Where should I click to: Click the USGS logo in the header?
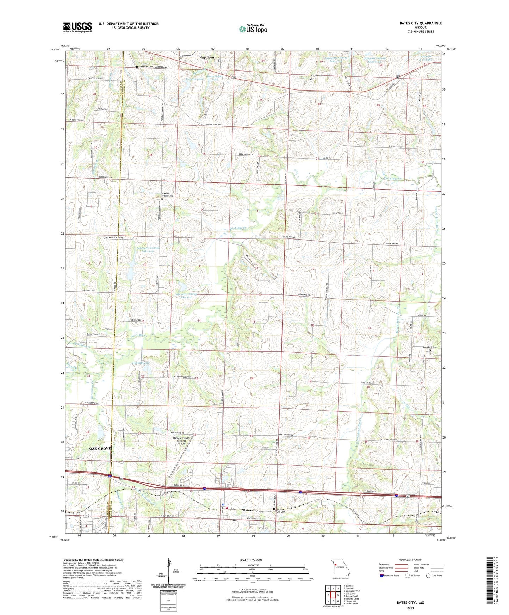pos(77,27)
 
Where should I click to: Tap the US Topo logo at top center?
pos(253,29)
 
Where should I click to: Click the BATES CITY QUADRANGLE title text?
pos(421,23)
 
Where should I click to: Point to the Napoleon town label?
pos(207,58)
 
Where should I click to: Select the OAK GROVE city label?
pos(100,448)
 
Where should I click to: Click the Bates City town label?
pos(250,510)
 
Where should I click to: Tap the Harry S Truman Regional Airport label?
pos(181,441)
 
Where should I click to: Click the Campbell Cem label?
pos(430,347)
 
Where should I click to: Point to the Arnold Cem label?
pos(315,75)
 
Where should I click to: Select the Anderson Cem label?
pos(146,67)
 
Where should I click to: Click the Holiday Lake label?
pos(141,363)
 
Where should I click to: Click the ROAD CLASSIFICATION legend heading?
pos(410,560)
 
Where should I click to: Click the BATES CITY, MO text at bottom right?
pos(410,603)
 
